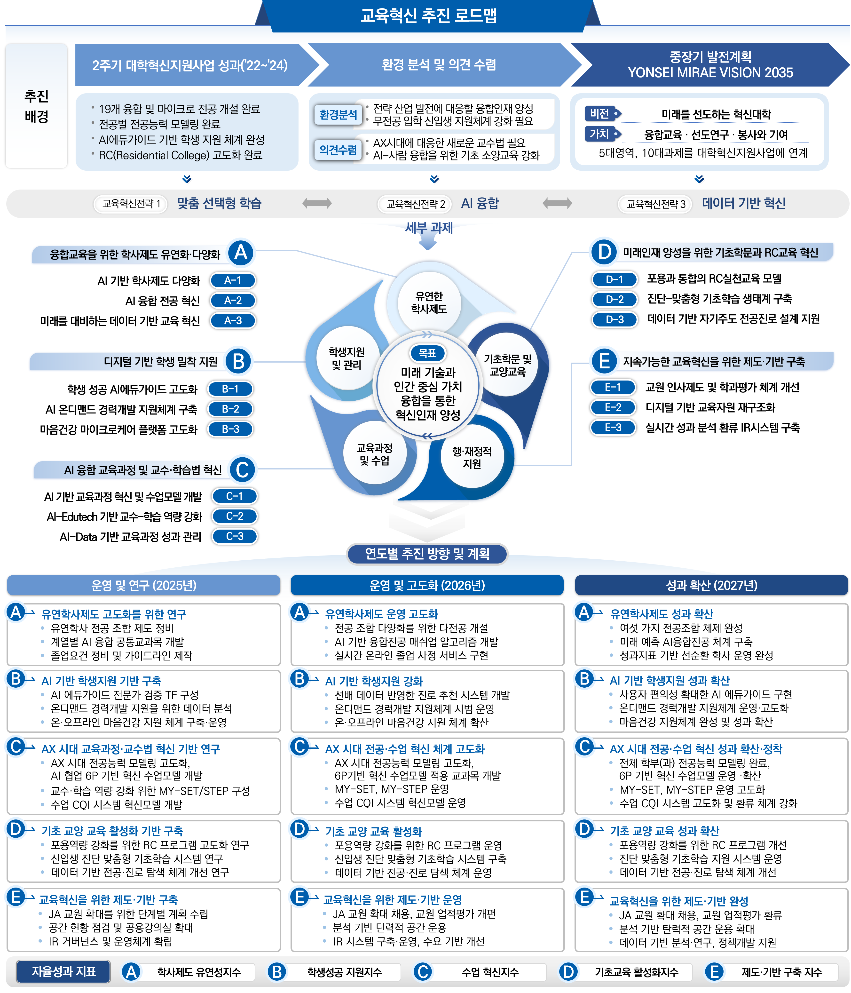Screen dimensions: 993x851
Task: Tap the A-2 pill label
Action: pos(233,301)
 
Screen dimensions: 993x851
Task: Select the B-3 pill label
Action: pos(230,429)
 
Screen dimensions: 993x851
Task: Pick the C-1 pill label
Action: pos(234,496)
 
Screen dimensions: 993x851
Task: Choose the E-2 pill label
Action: pos(613,407)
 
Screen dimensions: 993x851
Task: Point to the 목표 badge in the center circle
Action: pos(427,353)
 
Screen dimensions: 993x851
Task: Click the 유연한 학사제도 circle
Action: pos(429,303)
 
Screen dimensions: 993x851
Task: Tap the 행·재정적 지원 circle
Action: pos(472,458)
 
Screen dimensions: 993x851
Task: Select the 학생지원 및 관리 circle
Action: pos(347,358)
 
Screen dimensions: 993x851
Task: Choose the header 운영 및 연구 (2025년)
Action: pos(144,585)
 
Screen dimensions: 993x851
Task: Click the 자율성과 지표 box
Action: pos(64,971)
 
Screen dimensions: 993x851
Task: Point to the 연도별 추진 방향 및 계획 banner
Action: pos(427,554)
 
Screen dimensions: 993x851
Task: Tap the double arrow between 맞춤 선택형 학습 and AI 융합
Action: pos(317,203)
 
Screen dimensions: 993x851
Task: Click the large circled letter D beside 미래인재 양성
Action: pos(604,252)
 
